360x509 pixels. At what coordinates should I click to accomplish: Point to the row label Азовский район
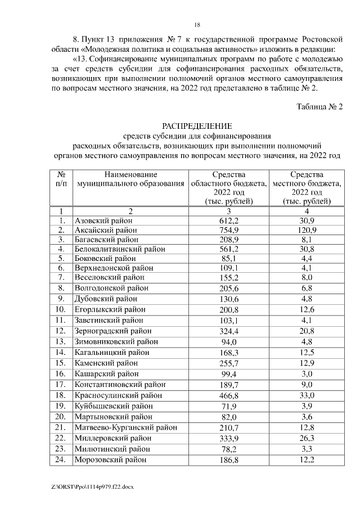(104, 220)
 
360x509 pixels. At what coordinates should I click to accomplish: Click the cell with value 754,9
(229, 230)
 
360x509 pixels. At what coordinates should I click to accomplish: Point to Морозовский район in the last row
(110, 460)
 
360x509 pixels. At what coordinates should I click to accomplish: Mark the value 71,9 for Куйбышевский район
(229, 406)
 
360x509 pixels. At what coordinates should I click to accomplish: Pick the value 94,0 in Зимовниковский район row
(229, 341)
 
